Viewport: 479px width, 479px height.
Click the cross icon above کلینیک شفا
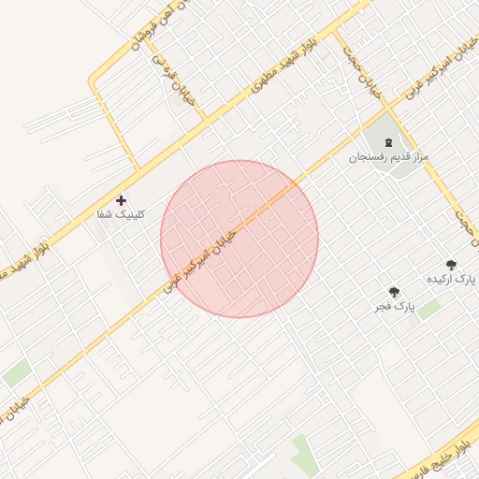tap(121, 200)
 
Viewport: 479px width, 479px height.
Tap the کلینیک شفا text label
tap(122, 215)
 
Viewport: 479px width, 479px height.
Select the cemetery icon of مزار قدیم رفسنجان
tap(388, 141)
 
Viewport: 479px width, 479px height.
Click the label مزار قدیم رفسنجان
tap(388, 156)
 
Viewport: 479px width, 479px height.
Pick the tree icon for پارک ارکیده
tap(452, 266)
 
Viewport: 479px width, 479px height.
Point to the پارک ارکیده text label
tap(452, 281)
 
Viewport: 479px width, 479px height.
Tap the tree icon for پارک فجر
tap(394, 292)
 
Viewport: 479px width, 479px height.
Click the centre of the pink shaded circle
tap(239, 239)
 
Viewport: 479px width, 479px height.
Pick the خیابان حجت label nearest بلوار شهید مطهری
tap(368, 77)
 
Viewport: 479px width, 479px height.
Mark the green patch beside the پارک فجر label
tap(429, 308)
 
